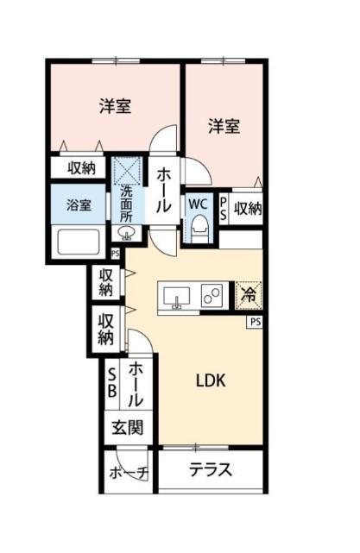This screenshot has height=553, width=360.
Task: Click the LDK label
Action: pos(210,379)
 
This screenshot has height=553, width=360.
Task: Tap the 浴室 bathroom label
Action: pos(79,207)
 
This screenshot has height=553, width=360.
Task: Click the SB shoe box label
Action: pos(112,382)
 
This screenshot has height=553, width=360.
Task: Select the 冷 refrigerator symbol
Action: pos(248,295)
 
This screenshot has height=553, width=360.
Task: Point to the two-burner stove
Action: pos(212,296)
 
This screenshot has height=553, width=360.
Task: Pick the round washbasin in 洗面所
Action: pos(124,233)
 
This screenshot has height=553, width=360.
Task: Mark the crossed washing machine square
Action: pos(128,169)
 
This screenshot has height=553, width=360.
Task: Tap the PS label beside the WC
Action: pos(224,207)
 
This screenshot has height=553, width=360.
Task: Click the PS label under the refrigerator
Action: pos(255,322)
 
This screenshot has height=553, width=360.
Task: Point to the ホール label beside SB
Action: pos(136,385)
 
